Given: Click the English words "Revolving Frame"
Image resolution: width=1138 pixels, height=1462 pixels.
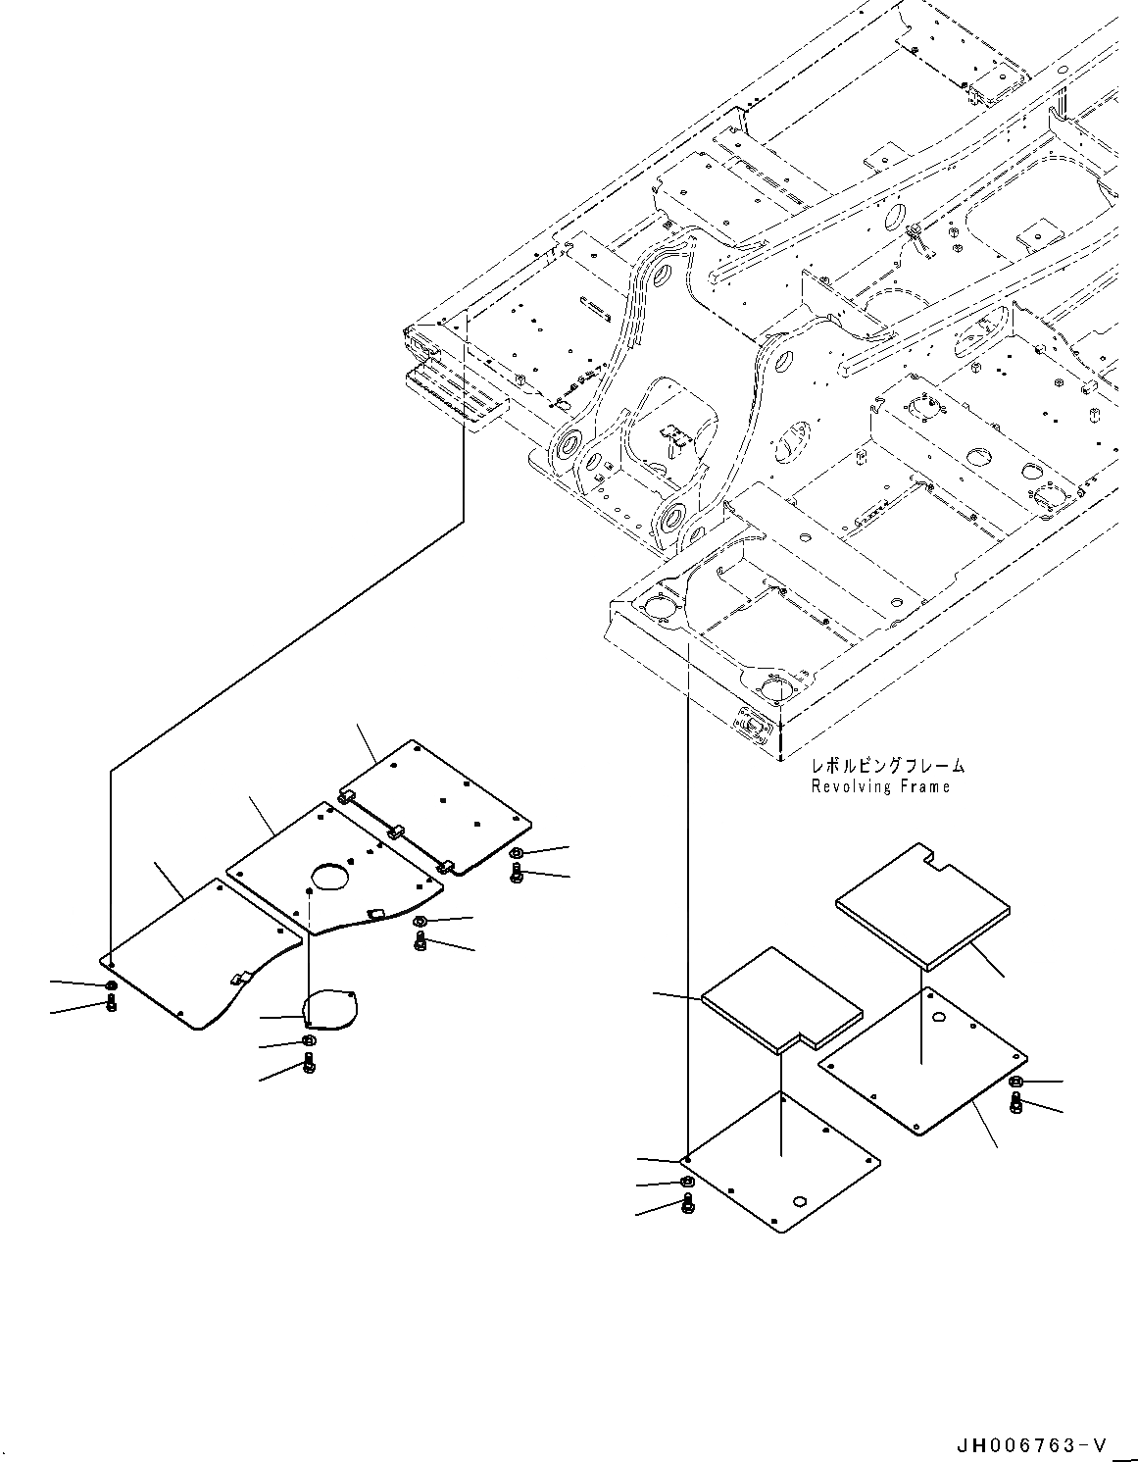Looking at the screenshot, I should coord(879,786).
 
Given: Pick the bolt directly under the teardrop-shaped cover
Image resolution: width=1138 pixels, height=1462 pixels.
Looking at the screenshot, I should coord(311,1062).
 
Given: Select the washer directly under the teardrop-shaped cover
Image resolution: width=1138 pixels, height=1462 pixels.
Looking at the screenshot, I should coord(308,1040).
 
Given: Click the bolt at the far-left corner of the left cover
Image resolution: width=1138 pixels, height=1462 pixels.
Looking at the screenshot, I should coord(110,1003).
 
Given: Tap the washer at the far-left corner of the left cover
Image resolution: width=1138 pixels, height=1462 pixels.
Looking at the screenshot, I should coord(110,984).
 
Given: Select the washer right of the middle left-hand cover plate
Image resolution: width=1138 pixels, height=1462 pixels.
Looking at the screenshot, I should coord(421,922).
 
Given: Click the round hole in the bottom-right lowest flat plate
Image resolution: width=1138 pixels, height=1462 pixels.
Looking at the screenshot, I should coord(800,1202).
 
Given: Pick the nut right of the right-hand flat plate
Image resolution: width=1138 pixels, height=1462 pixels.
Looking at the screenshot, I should coord(1015,1082).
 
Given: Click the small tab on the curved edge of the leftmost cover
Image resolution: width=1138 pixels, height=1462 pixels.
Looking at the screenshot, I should coord(237,978).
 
